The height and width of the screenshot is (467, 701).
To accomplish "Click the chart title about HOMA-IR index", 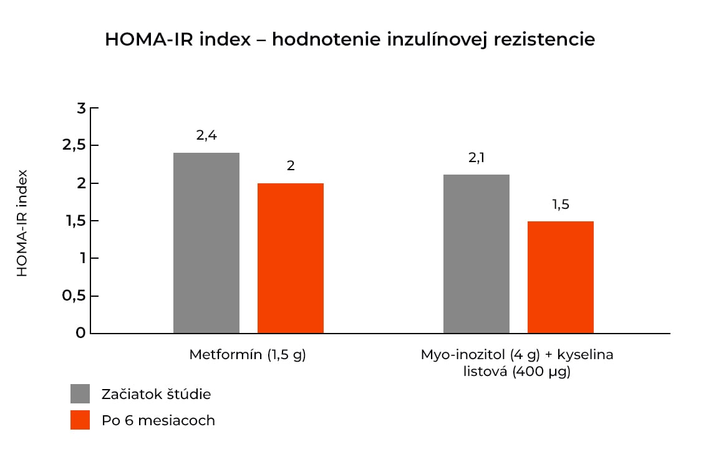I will click(x=350, y=39).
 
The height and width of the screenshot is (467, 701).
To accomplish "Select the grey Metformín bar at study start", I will click(x=206, y=243).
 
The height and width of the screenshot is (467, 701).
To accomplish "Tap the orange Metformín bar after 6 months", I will click(x=290, y=258).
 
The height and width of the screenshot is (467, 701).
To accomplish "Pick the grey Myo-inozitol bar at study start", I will click(x=476, y=254).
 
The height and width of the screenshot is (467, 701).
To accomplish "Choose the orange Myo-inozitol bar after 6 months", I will click(x=560, y=277).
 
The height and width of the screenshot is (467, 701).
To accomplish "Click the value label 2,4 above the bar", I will click(x=206, y=135).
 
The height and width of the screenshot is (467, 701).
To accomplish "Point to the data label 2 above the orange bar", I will click(x=291, y=166).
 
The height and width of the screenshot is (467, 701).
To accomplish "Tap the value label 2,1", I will click(x=476, y=158).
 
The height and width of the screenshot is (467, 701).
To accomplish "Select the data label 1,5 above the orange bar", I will click(x=561, y=204).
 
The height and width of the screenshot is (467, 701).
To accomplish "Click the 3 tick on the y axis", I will click(x=80, y=108).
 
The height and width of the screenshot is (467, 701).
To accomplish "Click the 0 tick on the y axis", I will click(x=80, y=333).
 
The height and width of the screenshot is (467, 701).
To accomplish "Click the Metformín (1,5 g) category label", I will click(x=248, y=355).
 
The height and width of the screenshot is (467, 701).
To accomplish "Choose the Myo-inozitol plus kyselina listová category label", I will click(x=517, y=363).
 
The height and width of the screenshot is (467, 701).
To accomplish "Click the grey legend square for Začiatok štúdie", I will click(x=80, y=394).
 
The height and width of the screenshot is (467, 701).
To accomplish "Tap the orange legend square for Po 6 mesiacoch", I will click(x=80, y=420).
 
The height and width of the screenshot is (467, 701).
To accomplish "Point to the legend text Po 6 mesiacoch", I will click(x=158, y=420).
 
